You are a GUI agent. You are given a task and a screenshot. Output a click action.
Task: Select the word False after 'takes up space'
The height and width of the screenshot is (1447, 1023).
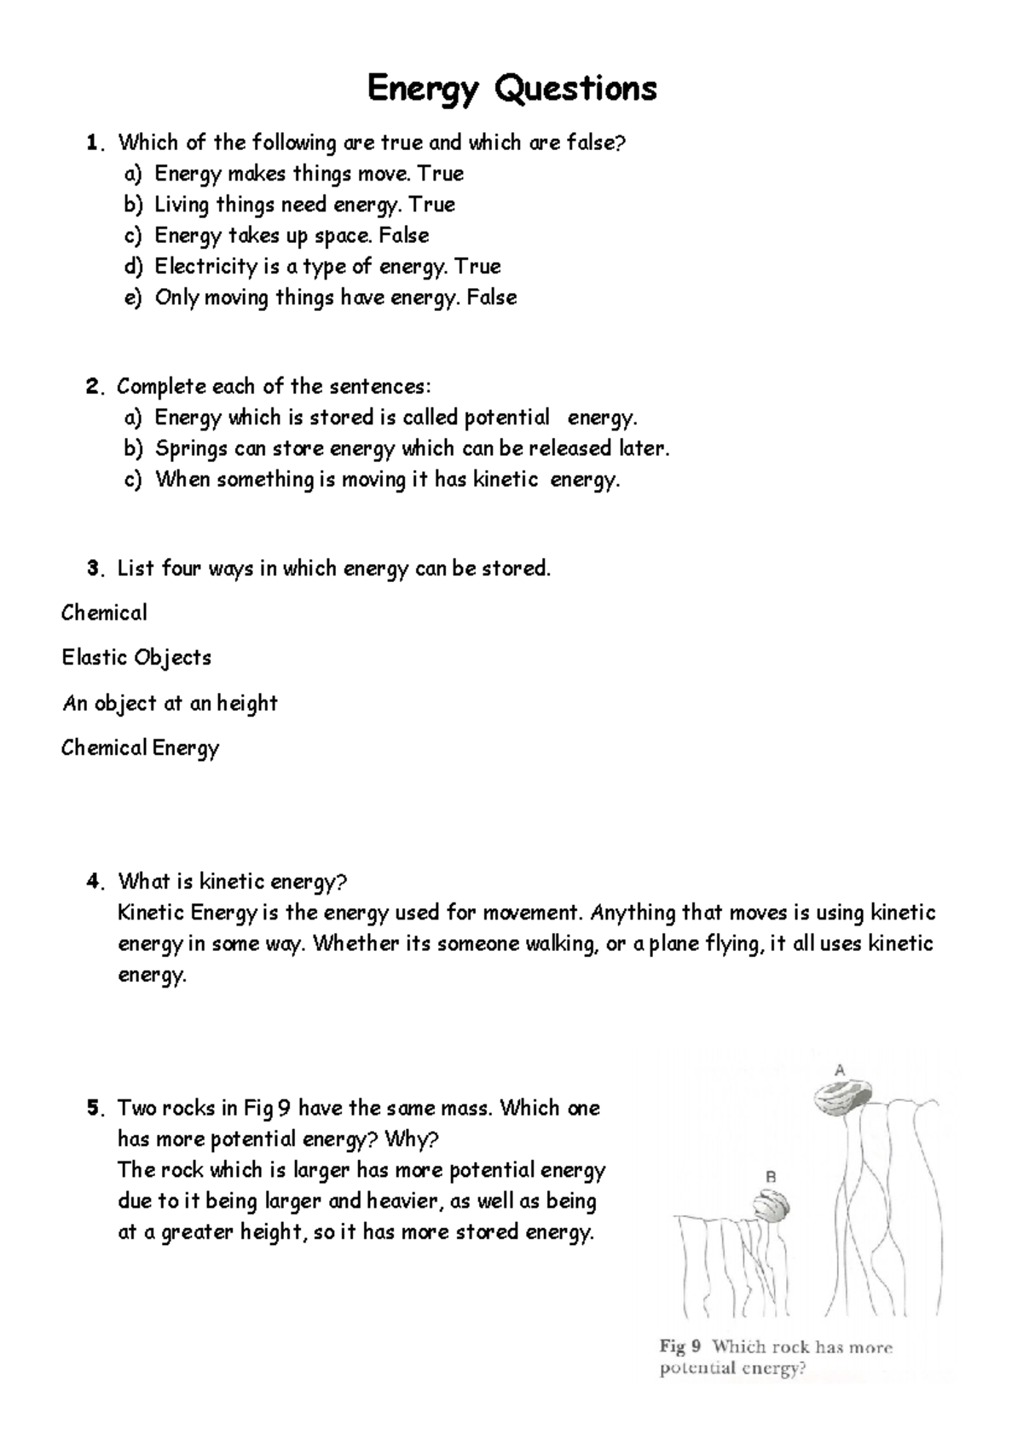coord(403,235)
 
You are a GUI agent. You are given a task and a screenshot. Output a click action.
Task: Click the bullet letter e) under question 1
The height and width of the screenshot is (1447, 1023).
coord(131,298)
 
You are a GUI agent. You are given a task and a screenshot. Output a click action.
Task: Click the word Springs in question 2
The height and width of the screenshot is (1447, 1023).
coord(191,449)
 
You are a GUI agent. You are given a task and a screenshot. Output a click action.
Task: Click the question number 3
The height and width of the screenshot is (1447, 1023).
coord(94,568)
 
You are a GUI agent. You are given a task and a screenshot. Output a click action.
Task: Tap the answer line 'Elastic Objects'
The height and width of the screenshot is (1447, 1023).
coord(136,658)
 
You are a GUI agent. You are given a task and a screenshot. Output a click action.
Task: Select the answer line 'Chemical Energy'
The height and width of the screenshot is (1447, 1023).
coord(140,748)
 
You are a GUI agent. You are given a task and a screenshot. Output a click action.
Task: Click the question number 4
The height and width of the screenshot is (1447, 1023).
coord(94,882)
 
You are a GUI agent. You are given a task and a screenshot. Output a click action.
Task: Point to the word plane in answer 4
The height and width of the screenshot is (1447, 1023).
coord(674,944)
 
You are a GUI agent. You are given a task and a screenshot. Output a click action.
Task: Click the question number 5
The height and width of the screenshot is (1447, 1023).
coord(94,1109)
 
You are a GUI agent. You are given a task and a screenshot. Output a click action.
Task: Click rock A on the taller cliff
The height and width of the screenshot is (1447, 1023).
coord(841,1098)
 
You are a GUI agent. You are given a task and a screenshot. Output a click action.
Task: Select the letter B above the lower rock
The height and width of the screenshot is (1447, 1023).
coord(770,1177)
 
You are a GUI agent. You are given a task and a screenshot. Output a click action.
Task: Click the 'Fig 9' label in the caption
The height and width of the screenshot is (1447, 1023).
coord(680,1347)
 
